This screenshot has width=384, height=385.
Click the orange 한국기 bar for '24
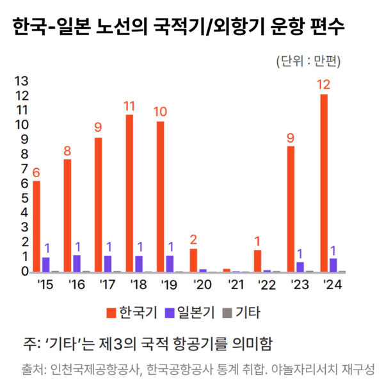pos(324,183)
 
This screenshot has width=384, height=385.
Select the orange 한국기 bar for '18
pos(129,193)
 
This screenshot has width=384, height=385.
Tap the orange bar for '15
pos(36,226)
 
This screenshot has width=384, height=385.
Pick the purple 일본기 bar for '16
pos(77,263)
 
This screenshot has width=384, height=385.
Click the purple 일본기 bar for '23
pos(300,267)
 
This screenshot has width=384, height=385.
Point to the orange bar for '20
pos(193,260)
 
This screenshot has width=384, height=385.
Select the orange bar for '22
pos(257,261)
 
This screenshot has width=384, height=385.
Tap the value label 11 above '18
pos(129,104)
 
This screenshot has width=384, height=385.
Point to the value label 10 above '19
pos(160,111)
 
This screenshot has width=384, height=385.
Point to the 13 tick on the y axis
pos(21,81)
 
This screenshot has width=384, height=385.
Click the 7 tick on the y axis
pos(25,169)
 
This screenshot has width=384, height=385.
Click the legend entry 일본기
pos(191,313)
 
